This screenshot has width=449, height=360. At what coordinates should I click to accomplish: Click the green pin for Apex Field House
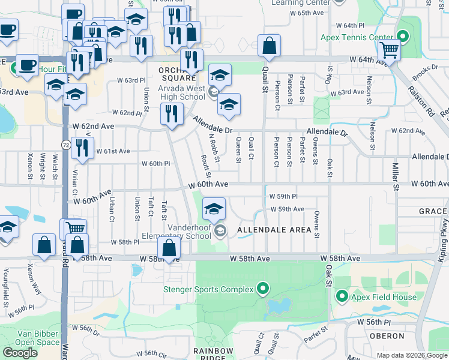pos(342,296)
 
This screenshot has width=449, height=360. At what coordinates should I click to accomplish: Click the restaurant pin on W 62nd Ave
pos(172,113)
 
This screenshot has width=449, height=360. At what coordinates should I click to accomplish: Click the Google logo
pos(20,353)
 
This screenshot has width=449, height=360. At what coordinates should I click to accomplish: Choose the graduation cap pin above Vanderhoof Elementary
pos(214,209)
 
